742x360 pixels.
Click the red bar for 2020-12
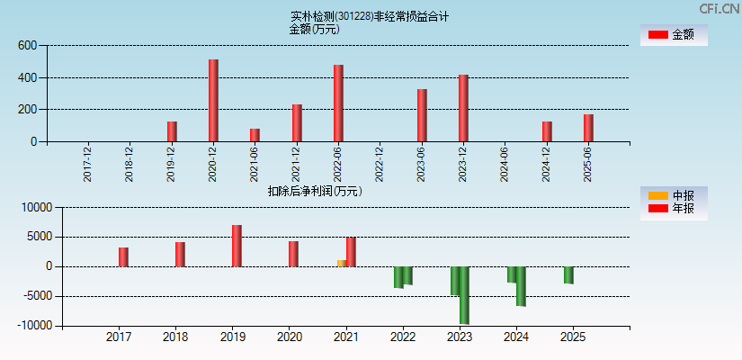[x=213, y=101]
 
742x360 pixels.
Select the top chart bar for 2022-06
[x=338, y=103]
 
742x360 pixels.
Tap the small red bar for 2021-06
[x=255, y=135]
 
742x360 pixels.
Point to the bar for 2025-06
[x=588, y=128]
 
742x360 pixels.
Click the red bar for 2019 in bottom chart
[x=237, y=246]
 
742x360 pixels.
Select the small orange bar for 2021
[x=342, y=263]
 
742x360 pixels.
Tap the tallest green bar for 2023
[x=464, y=295]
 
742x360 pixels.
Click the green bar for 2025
[x=568, y=275]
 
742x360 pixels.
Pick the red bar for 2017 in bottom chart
[x=123, y=257]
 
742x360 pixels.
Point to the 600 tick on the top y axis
[x=27, y=45]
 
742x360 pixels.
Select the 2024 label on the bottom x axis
[x=516, y=337]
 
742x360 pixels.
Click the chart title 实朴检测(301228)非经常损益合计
[x=370, y=16]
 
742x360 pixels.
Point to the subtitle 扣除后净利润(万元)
[x=315, y=191]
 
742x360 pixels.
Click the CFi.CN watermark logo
[x=720, y=8]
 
